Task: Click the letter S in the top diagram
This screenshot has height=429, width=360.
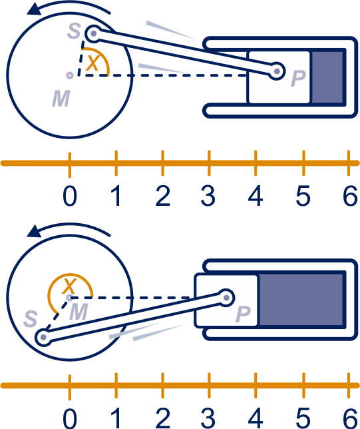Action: (x=74, y=31)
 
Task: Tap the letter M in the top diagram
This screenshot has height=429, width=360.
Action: (x=61, y=99)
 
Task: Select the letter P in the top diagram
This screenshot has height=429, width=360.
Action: (x=298, y=78)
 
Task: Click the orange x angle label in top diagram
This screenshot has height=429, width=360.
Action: (x=93, y=63)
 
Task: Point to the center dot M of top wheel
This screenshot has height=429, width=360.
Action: (x=69, y=75)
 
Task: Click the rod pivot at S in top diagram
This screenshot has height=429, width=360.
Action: (x=93, y=34)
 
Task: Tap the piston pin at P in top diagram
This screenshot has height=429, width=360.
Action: (x=277, y=71)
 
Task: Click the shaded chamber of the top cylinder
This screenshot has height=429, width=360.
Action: (x=327, y=77)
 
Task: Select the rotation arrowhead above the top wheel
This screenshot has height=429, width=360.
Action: (x=34, y=9)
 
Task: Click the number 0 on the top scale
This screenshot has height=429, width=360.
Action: (x=70, y=196)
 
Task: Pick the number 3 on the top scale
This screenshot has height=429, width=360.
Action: (x=208, y=196)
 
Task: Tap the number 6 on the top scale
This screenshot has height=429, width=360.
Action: (x=350, y=196)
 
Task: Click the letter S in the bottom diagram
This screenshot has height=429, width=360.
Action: (x=31, y=318)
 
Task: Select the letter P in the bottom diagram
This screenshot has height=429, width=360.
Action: (x=243, y=314)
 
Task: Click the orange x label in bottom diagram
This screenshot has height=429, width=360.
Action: (x=69, y=286)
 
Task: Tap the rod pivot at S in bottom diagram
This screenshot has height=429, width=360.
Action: (x=43, y=338)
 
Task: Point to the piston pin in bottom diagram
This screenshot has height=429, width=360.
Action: (x=226, y=297)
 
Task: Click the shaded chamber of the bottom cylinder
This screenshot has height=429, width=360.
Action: (x=301, y=300)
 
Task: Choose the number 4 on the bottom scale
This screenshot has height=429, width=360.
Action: (x=256, y=418)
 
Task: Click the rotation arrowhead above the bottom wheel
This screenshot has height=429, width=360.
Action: (x=34, y=232)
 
